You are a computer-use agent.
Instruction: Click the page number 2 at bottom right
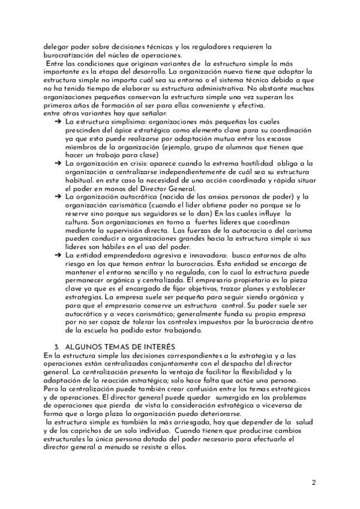(314, 482)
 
